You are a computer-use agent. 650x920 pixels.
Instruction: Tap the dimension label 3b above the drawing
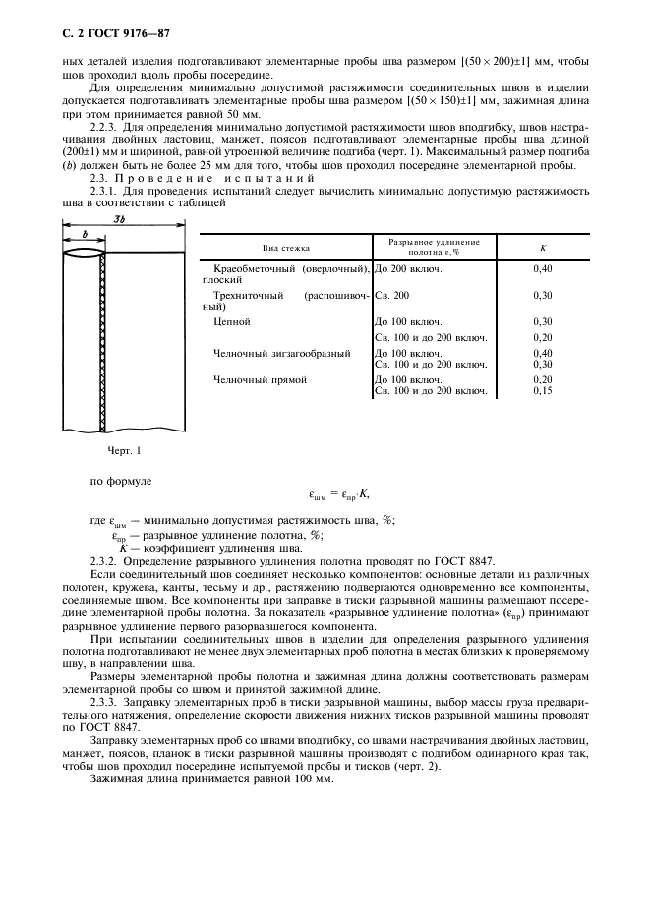click(119, 218)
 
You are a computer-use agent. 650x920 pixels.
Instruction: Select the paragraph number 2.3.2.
click(103, 559)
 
